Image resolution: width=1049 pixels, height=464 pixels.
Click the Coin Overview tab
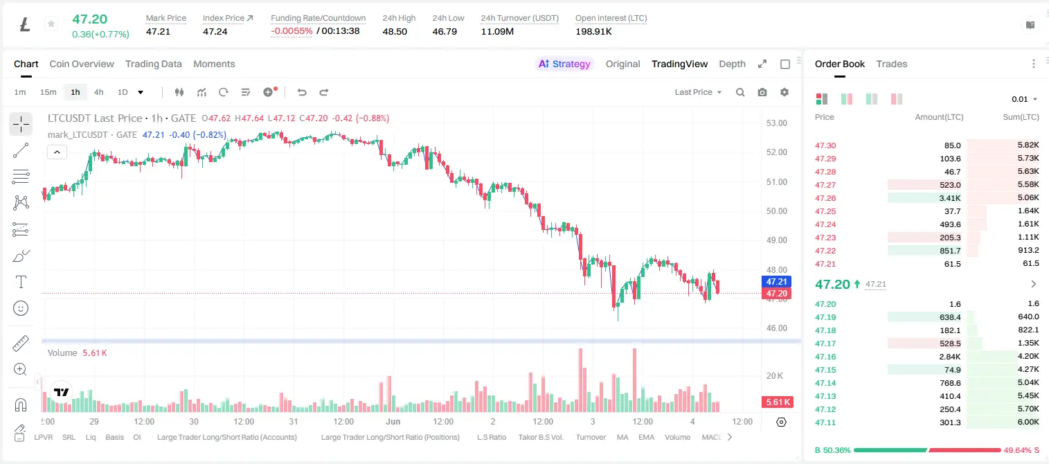(x=82, y=64)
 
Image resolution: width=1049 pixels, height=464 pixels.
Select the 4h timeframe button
(x=98, y=92)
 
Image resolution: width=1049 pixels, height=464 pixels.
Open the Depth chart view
(x=732, y=64)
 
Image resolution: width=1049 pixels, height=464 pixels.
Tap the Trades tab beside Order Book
(x=892, y=64)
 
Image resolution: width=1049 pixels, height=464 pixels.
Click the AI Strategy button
(x=564, y=64)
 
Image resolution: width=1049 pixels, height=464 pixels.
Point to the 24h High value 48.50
(x=395, y=31)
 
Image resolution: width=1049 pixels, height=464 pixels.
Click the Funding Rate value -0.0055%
(x=292, y=31)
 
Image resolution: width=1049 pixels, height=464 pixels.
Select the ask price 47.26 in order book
(x=825, y=198)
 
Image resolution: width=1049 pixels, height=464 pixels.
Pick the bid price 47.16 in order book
(x=825, y=357)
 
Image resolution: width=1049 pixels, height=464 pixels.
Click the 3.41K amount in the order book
(x=950, y=198)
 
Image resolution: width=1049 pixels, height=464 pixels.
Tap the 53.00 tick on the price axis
(x=777, y=123)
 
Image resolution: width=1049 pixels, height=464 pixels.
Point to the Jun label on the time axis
(x=393, y=421)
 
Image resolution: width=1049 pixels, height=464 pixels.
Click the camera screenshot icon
(x=762, y=92)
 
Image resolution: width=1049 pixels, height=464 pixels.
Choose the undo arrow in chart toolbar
(x=302, y=92)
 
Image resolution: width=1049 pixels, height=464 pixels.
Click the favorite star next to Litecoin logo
(x=51, y=24)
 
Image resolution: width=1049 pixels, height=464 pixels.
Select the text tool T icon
(x=21, y=282)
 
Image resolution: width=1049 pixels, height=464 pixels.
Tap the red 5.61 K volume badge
(x=778, y=402)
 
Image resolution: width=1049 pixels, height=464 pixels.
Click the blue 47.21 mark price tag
(x=776, y=281)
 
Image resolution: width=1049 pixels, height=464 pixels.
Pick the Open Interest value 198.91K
(x=593, y=31)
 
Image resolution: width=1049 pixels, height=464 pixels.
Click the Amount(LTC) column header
(x=939, y=116)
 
